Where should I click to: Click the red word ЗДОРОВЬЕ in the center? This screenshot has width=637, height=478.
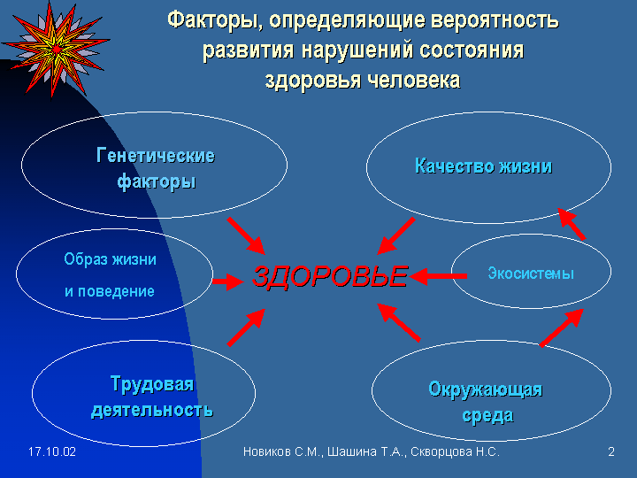point(330,276)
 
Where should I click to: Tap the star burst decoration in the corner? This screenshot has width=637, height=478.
point(55,50)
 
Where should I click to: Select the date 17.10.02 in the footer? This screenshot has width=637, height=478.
point(52,451)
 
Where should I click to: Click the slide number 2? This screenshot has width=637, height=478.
point(611,451)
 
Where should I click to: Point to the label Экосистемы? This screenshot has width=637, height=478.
point(531,274)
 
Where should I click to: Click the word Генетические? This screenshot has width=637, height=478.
point(156,156)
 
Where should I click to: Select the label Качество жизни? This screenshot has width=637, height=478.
point(483,166)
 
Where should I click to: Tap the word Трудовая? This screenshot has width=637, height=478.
point(152,384)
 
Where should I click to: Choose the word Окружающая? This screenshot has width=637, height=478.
point(486,389)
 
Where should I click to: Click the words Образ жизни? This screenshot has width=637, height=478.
point(110,259)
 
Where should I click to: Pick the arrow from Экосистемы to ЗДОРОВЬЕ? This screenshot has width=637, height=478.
point(438,276)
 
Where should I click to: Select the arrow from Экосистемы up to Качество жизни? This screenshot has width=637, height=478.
point(572,224)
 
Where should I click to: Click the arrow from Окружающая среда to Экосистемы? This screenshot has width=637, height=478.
point(562,328)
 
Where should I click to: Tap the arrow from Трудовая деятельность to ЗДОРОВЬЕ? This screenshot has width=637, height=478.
point(246,328)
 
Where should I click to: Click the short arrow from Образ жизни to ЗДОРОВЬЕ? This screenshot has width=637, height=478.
point(228,281)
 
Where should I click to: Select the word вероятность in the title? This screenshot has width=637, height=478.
point(495,20)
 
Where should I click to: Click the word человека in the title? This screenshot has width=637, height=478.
point(414,80)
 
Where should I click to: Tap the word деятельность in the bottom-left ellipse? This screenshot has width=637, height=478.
point(152,410)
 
